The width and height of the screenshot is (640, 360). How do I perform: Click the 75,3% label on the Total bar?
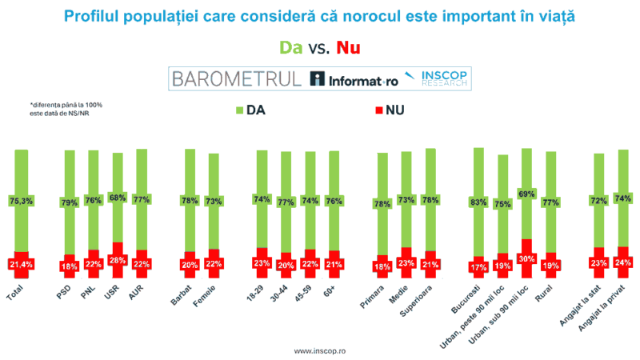pos(22,201)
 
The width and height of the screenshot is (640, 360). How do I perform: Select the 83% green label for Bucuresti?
pos(478,202)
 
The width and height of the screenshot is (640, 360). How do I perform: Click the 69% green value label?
pos(526,194)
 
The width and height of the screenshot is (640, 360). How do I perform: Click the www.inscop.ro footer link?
pos(320,350)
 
